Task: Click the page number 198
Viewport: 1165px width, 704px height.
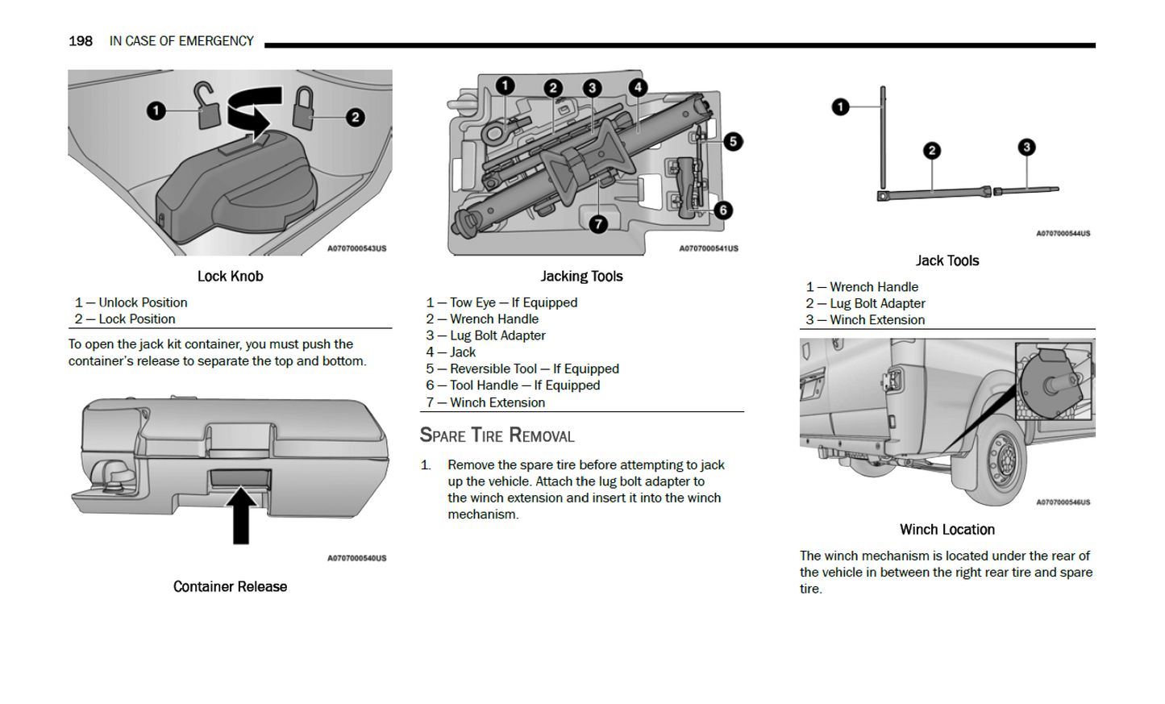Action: point(80,41)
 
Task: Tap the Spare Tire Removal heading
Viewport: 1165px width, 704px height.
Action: point(497,436)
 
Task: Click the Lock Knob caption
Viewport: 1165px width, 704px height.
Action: point(230,277)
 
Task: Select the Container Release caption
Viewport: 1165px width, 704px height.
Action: point(230,587)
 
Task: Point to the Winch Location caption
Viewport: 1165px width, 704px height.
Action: point(947,530)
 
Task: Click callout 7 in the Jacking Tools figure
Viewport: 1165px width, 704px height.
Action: point(597,223)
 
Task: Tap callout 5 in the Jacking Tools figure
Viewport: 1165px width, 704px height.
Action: point(732,142)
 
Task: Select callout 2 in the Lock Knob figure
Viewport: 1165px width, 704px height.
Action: point(355,118)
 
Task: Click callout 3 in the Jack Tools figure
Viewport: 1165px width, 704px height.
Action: point(1026,148)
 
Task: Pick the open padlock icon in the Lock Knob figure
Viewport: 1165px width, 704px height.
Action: point(208,107)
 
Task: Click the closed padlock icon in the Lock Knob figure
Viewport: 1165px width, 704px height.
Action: point(304,109)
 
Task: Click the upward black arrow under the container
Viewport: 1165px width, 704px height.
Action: point(241,514)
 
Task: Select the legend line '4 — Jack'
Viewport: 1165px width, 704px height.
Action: point(451,352)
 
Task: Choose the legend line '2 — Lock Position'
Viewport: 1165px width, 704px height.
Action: point(126,319)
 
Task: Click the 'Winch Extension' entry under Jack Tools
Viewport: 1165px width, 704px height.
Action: point(866,320)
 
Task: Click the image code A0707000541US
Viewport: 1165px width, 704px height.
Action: point(708,248)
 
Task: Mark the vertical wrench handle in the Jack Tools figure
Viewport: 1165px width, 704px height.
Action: point(883,137)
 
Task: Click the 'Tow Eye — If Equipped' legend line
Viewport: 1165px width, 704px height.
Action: point(502,302)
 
